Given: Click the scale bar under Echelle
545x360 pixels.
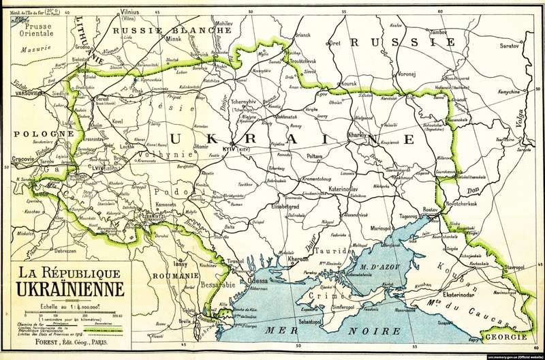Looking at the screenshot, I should coord(68,313).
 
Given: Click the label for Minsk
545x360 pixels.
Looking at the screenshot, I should coord(176,40).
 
